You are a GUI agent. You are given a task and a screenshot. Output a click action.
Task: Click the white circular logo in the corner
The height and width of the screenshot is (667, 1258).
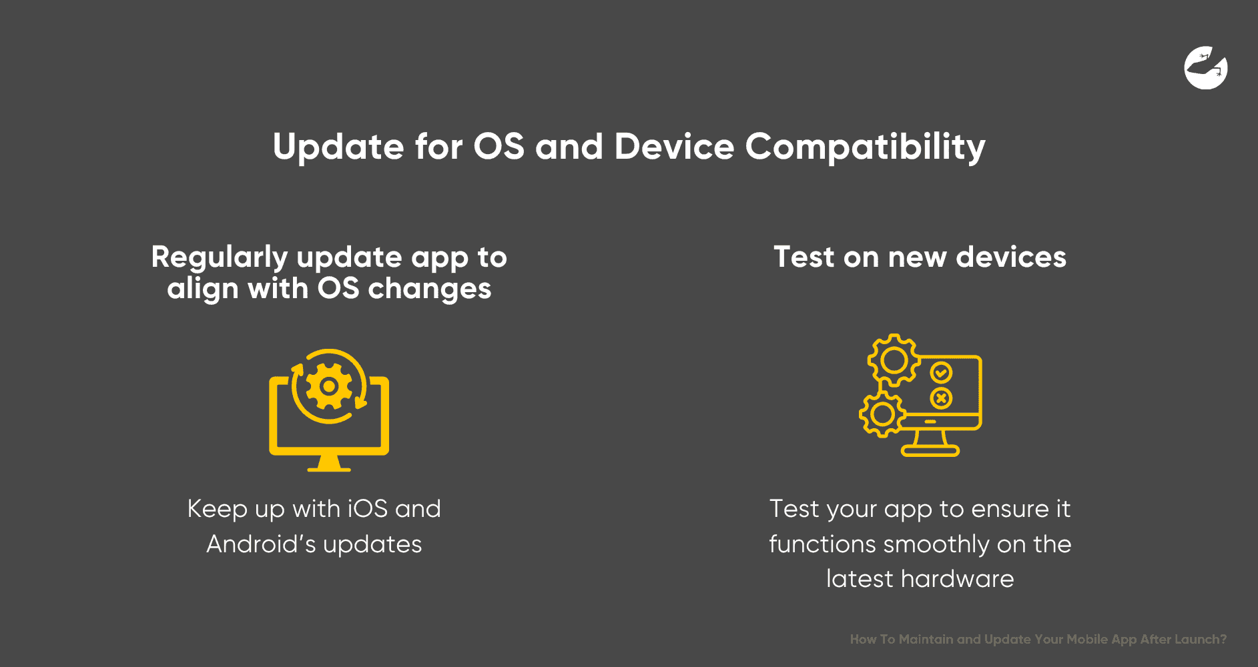click(x=1205, y=68)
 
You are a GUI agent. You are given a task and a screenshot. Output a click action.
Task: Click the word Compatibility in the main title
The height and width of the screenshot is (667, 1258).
click(x=865, y=147)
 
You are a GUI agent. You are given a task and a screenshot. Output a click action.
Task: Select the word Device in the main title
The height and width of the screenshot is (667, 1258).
click(x=674, y=146)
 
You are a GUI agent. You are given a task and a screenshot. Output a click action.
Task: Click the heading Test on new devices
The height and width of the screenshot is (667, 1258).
click(x=920, y=257)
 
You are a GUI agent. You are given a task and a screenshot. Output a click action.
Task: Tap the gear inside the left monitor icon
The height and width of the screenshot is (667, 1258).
click(x=328, y=386)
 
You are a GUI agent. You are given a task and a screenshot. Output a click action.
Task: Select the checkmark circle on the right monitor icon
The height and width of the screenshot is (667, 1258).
click(x=941, y=372)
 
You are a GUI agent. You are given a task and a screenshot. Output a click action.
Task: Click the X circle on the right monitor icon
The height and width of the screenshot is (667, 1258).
click(x=941, y=399)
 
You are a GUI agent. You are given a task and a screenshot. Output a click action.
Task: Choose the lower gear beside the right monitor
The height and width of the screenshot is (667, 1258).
click(x=882, y=414)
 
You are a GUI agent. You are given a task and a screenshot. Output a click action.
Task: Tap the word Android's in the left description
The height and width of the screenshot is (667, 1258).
click(x=261, y=544)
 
